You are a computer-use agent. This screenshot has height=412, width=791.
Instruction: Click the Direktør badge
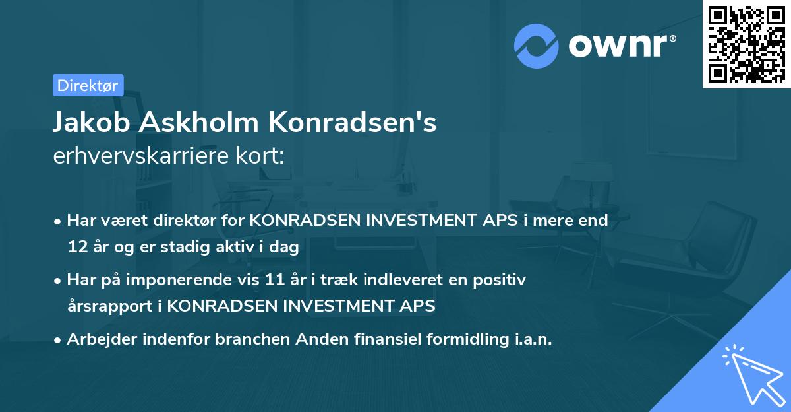coord(88,85)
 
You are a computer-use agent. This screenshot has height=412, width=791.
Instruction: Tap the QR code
coord(746,44)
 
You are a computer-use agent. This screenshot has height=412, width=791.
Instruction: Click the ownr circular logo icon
coord(537,46)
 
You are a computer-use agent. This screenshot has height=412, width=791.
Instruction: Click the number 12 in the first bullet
coord(76,247)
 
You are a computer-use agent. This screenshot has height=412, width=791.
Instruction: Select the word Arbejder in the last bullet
coord(99,339)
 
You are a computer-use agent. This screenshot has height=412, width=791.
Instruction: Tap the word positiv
coord(501,280)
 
